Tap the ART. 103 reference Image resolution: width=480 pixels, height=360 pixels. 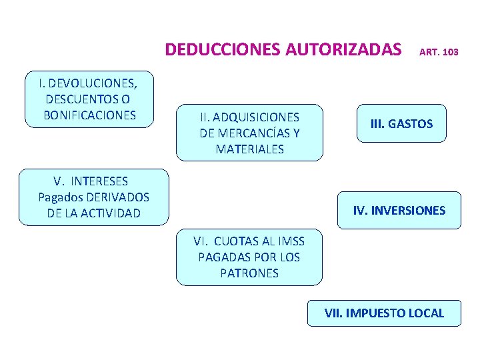point(438,51)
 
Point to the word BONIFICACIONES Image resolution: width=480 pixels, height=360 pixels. point(89,115)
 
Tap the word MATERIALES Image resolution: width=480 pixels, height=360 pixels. point(249,149)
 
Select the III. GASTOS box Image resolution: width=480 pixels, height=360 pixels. point(401,123)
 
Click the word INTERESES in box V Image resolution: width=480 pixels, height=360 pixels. point(99,181)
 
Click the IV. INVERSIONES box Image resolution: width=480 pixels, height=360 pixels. point(399,211)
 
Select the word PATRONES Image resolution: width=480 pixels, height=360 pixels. point(249,273)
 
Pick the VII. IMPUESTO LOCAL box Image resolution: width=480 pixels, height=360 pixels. point(384,313)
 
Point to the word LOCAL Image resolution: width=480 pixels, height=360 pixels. point(428,313)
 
